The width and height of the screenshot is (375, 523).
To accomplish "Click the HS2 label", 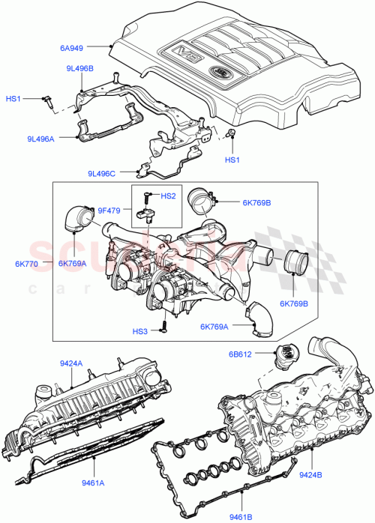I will point(169,196).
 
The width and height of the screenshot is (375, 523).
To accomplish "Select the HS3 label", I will point(140,331).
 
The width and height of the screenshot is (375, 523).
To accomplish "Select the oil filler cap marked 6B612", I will point(286,357).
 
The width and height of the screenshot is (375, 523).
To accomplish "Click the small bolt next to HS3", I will point(161,328).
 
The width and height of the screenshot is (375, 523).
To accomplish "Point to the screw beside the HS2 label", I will point(147,196).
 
